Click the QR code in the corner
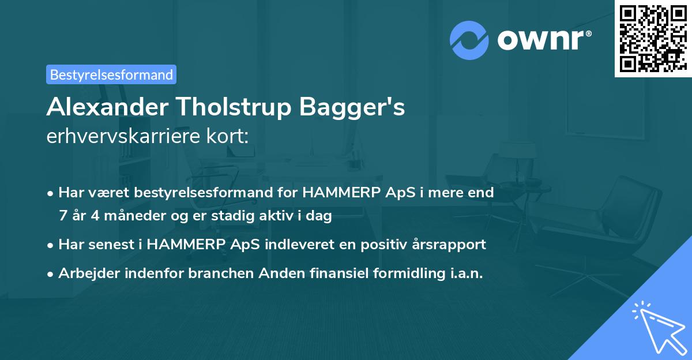click(x=653, y=38)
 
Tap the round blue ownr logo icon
click(x=469, y=40)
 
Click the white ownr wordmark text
click(x=543, y=40)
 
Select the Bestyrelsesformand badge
click(x=111, y=74)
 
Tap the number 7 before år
click(x=62, y=216)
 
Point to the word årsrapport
click(x=451, y=244)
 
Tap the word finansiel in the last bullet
click(x=334, y=273)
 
